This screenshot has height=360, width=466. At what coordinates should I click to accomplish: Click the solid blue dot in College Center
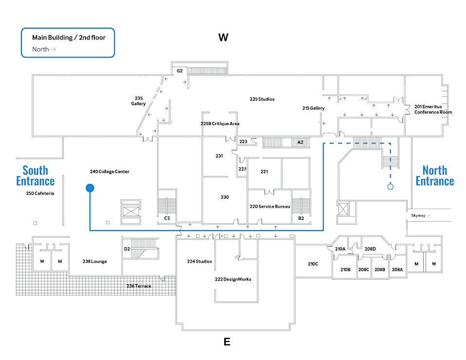point(90,188)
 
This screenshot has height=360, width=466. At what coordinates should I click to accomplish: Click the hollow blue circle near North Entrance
point(391,186)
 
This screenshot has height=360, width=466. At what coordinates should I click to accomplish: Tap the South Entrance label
point(36,176)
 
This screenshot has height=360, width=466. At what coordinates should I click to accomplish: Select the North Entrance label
point(434,176)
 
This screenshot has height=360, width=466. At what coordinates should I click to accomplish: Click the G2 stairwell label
point(179,71)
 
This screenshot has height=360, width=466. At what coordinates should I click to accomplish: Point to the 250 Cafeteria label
point(40,193)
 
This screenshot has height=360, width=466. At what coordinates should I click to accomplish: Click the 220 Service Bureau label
point(270,206)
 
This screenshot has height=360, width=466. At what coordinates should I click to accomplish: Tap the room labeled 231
point(219,156)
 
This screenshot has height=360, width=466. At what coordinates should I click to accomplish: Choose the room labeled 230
point(225,197)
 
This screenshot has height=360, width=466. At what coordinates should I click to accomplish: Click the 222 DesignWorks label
point(233,279)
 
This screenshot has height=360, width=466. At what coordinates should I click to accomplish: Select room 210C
point(313,264)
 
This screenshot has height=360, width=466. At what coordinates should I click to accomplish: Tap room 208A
point(397,270)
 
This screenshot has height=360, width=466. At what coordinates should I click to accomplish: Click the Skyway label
point(418,216)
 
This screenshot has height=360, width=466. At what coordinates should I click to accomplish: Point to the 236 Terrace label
point(139,286)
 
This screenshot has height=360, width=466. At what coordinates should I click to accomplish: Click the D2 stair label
point(127,249)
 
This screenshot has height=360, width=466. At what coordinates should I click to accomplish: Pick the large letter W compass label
point(223,37)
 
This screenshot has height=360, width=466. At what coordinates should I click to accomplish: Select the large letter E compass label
point(227,342)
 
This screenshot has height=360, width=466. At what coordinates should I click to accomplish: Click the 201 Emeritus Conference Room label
point(433,109)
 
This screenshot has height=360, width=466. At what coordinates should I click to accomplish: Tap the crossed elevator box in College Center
point(131,212)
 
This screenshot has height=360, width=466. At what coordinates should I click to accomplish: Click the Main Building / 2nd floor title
point(69,37)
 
